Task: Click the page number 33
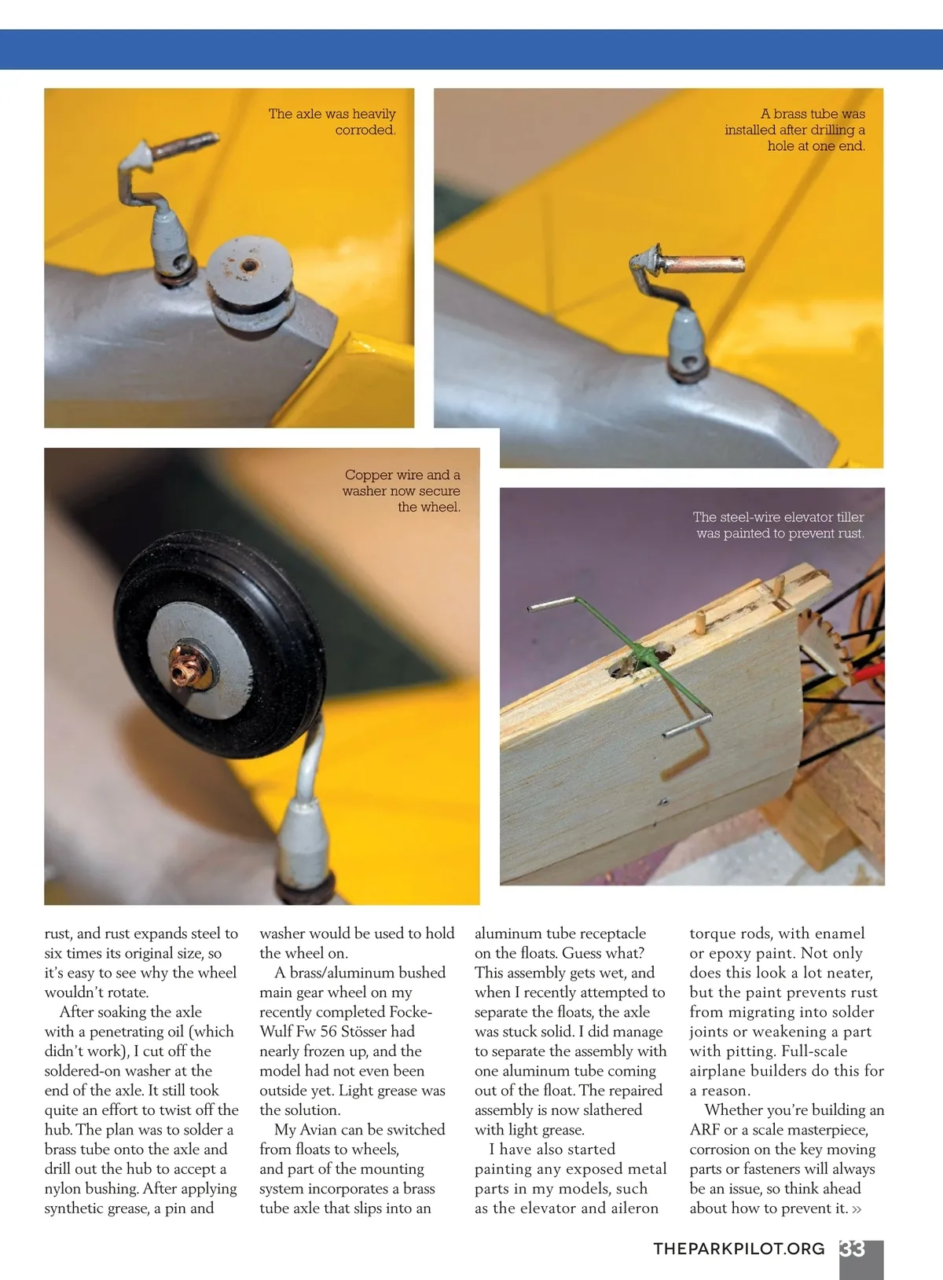(852, 1249)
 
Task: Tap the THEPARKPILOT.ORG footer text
(739, 1249)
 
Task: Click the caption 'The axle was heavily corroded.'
(332, 122)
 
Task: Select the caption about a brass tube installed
(795, 130)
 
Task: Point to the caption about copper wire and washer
(402, 490)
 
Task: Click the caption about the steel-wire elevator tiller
(779, 525)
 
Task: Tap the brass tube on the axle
(703, 265)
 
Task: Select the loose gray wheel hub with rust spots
(250, 282)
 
